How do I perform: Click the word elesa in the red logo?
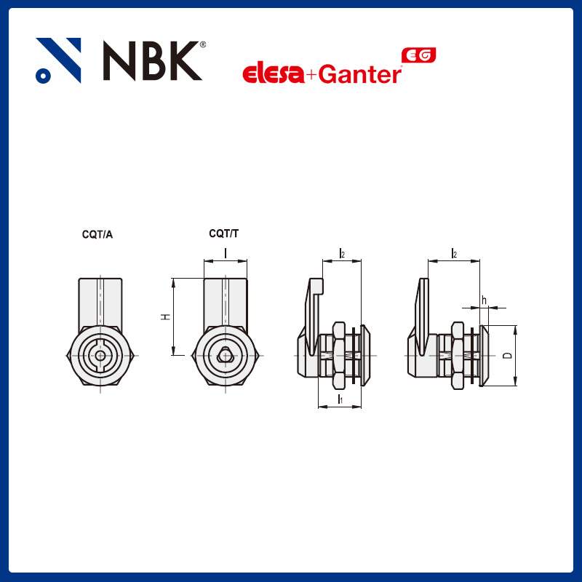coord(273,74)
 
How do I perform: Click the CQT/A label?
coord(97,234)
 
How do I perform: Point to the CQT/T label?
coord(223,234)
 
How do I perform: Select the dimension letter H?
coord(166,317)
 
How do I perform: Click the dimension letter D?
coord(508,356)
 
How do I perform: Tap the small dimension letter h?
coord(484,300)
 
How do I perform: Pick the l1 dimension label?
coord(340,400)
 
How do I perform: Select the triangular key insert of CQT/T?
coord(226,355)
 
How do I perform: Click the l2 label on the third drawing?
coord(341,253)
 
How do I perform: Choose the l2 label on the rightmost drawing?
coord(454,253)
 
